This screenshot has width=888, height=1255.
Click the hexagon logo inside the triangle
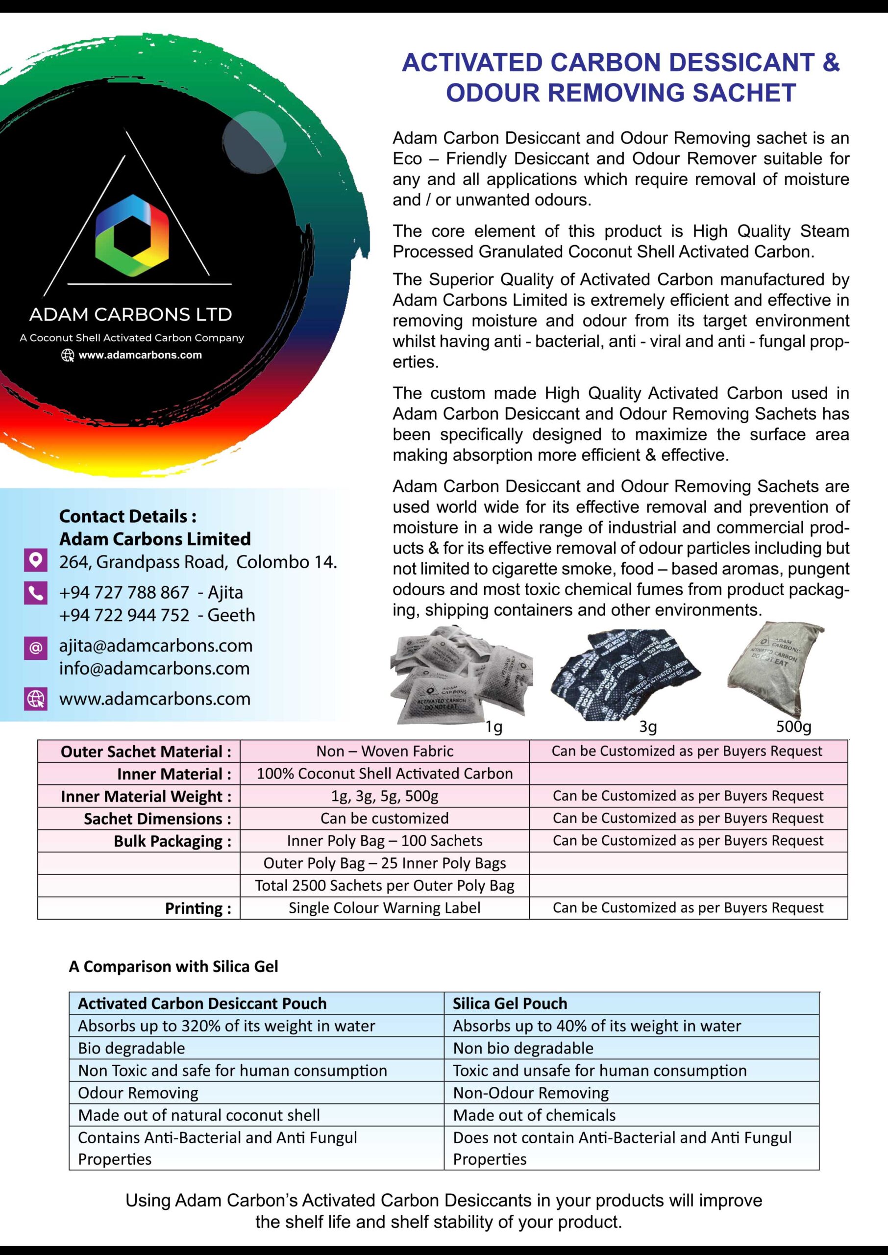pos(132,235)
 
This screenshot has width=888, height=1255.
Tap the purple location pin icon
pos(36,560)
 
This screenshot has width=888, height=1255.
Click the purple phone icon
pos(36,593)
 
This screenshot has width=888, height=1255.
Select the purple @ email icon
pos(36,648)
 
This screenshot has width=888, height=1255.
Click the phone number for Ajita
pos(124,592)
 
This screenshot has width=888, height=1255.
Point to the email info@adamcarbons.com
pos(154,668)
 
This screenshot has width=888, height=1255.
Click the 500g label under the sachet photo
pos(793,726)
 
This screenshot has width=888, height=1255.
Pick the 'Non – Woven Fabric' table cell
pos(384,751)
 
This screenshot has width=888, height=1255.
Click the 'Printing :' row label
pos(198,908)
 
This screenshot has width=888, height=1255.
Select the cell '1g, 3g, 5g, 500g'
pos(384,796)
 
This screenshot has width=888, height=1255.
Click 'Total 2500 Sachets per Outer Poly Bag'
pos(384,885)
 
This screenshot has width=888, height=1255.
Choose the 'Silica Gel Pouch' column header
pos(510,1004)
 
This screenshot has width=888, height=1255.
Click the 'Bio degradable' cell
pos(131,1048)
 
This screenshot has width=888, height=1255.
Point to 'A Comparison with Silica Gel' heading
pos(173,967)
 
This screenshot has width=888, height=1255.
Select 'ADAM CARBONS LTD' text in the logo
pos(131,314)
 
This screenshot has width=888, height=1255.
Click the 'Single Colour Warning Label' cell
pos(384,908)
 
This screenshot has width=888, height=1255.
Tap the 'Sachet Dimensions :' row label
pos(157,819)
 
